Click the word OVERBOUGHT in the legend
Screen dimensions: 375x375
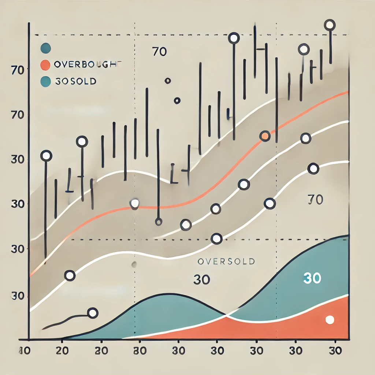coord(87,65)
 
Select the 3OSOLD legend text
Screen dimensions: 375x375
coord(75,81)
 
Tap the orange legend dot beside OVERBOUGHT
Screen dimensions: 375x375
coord(45,65)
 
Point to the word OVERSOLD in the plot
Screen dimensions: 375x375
coord(226,261)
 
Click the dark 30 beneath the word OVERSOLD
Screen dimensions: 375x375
coord(201,280)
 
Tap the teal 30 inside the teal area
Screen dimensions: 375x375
coord(312,279)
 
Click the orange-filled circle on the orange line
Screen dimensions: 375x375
coord(265,136)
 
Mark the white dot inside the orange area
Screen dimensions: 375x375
coord(330,320)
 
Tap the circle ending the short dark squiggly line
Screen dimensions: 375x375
coord(93,313)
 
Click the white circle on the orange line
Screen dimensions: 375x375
coord(135,203)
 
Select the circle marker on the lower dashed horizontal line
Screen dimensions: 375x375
coord(217,239)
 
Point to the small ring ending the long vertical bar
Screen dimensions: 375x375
coord(159,222)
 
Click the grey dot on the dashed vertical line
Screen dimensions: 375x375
coord(134,264)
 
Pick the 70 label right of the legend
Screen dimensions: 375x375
coord(159,52)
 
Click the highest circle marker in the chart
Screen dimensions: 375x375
coord(330,25)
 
